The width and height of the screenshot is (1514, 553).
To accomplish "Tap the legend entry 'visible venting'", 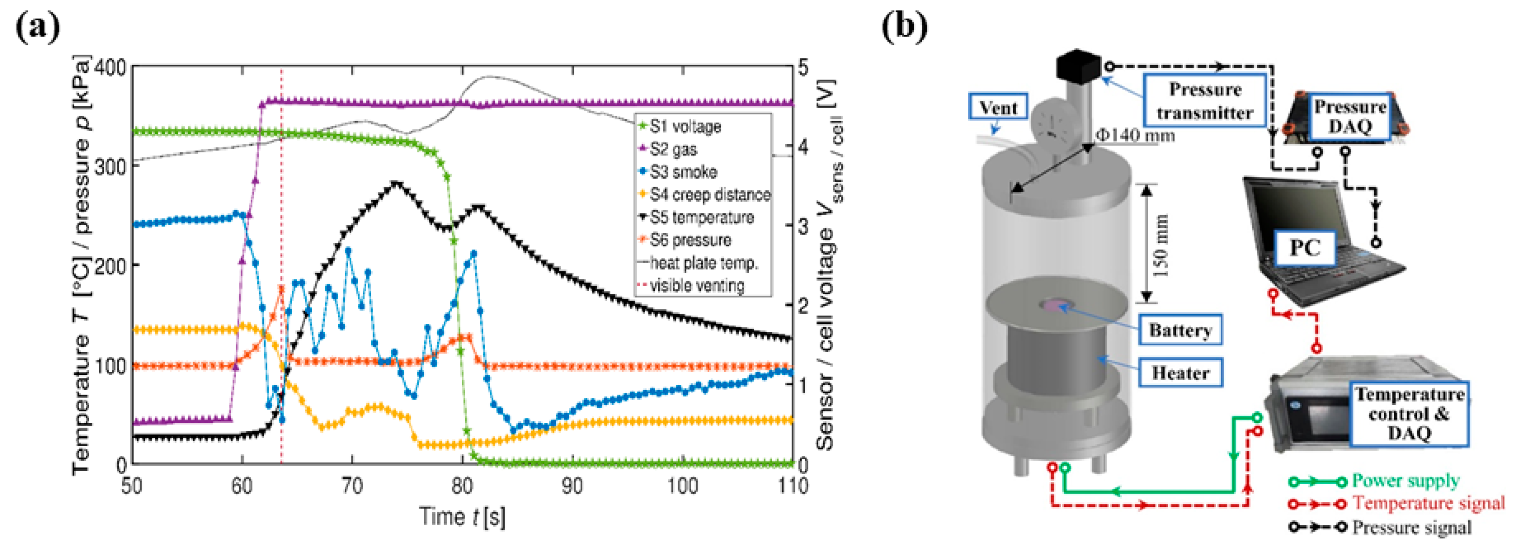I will click(x=697, y=286).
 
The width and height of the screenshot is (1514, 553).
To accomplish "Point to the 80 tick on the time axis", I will click(x=462, y=486).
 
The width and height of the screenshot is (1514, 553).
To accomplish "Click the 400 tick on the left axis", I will click(x=110, y=67).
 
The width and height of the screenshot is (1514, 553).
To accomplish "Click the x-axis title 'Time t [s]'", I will click(x=462, y=517).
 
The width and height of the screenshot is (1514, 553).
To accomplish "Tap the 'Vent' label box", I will click(x=997, y=108).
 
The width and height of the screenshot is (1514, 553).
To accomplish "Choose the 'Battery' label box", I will click(x=1180, y=330).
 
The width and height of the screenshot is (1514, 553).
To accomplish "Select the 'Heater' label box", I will click(x=1180, y=373).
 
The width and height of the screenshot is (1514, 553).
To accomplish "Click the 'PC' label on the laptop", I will click(x=1304, y=248).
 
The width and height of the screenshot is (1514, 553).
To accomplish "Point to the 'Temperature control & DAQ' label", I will click(x=1409, y=414).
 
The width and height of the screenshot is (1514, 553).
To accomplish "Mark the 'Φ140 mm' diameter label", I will click(x=1135, y=136).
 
